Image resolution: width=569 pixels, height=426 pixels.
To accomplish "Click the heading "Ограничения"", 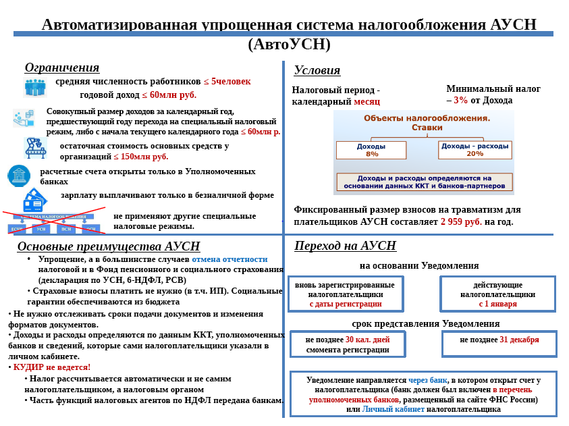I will click(x=62, y=68).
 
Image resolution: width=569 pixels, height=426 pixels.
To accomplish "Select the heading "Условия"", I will click(x=317, y=70).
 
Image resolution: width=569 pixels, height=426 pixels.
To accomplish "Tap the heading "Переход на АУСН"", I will click(x=345, y=246).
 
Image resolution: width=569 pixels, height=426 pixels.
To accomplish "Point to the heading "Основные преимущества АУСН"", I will click(x=109, y=246).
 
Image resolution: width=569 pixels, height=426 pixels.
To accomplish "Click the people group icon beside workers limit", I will click(x=34, y=86).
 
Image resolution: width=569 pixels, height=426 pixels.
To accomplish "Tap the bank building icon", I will click(x=19, y=176).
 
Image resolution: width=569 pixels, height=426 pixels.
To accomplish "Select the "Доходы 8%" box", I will click(x=372, y=150).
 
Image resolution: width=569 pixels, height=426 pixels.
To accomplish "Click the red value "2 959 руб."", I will click(x=462, y=221).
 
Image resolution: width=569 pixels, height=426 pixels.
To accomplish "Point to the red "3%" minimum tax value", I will click(x=461, y=101).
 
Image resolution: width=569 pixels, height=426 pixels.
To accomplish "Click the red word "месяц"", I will click(x=367, y=102).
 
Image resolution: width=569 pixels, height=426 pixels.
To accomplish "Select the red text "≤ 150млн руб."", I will click(x=140, y=157).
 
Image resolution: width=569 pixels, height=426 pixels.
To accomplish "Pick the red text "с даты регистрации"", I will click(x=346, y=304).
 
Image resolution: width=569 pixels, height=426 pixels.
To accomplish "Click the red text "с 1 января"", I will click(x=498, y=304).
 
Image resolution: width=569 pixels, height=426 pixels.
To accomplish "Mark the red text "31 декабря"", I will click(x=519, y=340).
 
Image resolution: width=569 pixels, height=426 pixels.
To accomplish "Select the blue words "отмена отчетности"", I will click(x=229, y=259).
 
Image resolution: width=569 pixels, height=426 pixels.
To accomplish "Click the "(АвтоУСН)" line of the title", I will click(x=289, y=45).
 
